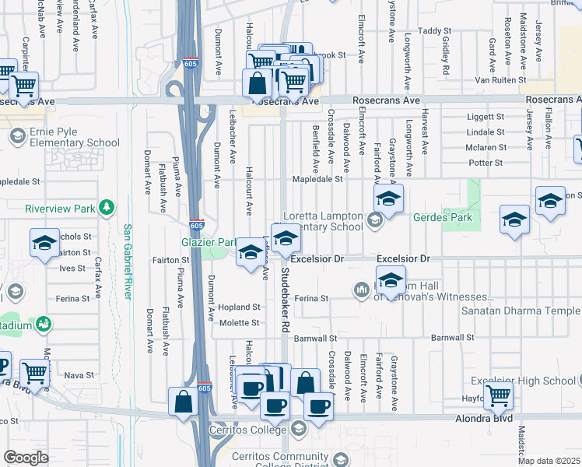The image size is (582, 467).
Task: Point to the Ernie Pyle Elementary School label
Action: click(75, 137)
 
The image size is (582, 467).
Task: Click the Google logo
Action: click(26, 457)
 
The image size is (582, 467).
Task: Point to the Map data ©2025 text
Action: click(549, 461)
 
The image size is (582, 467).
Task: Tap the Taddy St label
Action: click(429, 31)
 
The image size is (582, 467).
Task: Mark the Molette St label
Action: click(244, 322)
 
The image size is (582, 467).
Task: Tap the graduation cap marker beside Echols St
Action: click(44, 243)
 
